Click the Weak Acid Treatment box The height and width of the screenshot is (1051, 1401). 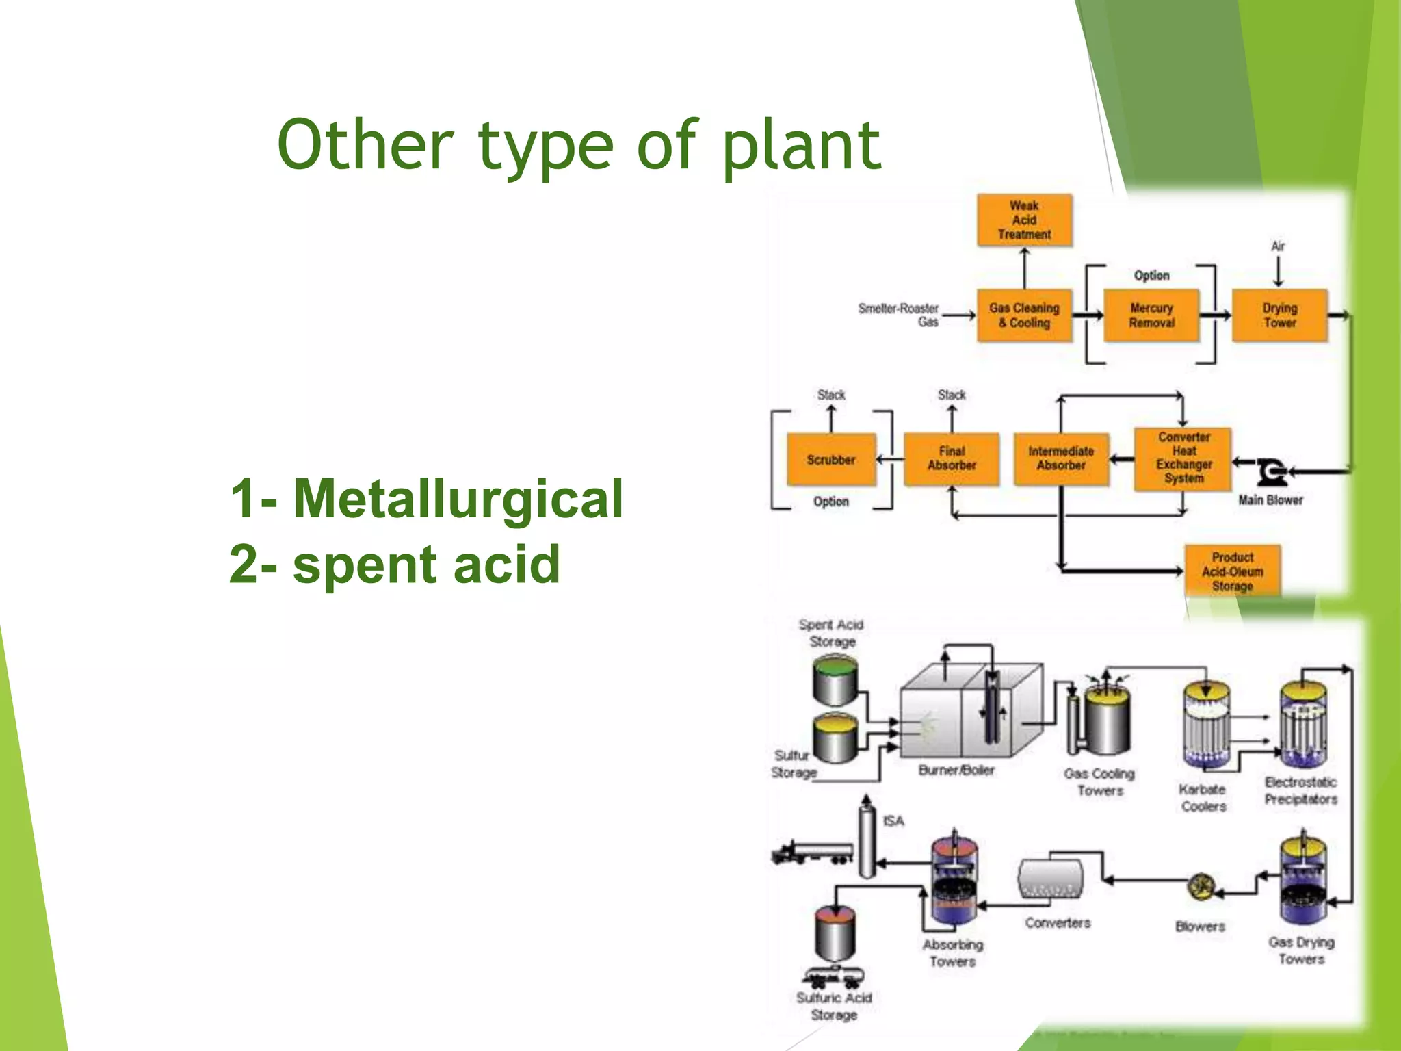(1024, 220)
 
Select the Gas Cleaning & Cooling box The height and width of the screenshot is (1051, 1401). (1024, 315)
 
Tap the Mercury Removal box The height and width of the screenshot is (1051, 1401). (1151, 315)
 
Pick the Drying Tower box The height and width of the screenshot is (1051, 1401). (1279, 315)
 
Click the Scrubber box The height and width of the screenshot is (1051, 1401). (830, 460)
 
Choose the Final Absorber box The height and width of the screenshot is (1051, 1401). (951, 459)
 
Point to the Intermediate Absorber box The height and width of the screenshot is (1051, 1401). (1061, 459)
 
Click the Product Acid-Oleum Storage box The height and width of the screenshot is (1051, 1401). (1232, 571)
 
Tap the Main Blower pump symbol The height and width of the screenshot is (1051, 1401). (1272, 471)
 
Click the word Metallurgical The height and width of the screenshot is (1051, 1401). (458, 499)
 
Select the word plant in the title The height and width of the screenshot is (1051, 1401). (801, 146)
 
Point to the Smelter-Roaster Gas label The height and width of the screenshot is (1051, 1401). (898, 315)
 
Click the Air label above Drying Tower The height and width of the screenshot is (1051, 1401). (1277, 246)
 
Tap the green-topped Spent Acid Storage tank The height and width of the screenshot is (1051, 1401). (835, 679)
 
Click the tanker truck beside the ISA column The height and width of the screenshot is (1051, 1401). (812, 853)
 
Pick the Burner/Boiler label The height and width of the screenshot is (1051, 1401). (956, 770)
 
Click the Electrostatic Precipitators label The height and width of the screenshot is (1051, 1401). (1300, 790)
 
